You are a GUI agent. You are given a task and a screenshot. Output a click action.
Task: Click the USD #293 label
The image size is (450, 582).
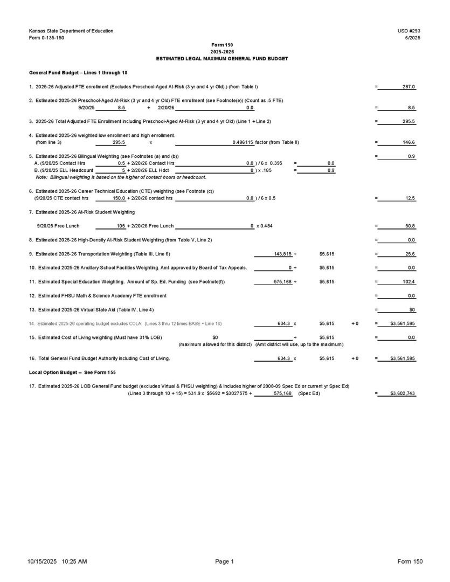click(411, 31)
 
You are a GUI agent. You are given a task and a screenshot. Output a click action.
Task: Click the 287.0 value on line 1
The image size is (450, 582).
click(409, 87)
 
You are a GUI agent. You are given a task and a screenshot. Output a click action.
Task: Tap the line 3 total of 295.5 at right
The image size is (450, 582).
click(409, 122)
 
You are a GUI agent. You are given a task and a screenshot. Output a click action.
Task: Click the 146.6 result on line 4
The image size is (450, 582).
click(409, 142)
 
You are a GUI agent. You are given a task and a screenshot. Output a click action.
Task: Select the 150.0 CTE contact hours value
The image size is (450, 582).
click(119, 198)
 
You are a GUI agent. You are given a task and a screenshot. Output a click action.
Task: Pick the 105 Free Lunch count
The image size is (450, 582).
click(121, 226)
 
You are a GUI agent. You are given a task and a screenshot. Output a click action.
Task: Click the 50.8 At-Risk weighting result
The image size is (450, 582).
click(410, 226)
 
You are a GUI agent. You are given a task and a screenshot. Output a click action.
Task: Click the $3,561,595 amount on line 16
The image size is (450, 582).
click(403, 358)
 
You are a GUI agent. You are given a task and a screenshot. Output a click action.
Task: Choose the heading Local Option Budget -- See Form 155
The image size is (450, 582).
click(72, 372)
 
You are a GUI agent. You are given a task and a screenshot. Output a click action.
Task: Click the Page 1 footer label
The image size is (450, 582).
click(225, 562)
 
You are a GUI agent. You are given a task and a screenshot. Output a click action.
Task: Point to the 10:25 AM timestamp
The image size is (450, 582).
click(74, 562)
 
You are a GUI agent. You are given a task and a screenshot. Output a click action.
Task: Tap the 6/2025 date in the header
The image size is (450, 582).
click(412, 38)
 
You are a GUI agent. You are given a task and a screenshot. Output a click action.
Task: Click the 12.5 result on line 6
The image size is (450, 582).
click(410, 198)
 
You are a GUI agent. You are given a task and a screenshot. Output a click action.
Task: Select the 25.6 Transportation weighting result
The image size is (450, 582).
click(410, 253)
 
